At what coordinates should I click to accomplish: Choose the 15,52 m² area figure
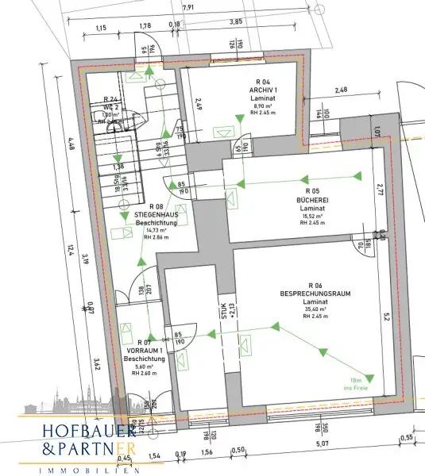(x=308, y=216)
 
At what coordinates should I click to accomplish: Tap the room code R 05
(x=308, y=192)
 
